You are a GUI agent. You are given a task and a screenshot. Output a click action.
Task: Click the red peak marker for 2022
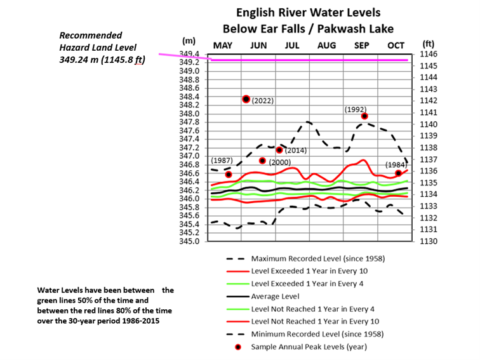tap(246, 98)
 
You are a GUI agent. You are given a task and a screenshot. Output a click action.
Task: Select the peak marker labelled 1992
tap(364, 116)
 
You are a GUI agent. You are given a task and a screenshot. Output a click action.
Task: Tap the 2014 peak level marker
tap(279, 150)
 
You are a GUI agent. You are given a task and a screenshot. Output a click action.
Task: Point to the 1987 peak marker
tap(229, 174)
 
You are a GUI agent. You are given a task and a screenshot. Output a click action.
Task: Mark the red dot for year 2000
tap(262, 161)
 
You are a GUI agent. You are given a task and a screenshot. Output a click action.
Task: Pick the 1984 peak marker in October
tap(398, 173)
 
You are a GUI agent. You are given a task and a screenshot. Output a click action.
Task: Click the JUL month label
tap(292, 46)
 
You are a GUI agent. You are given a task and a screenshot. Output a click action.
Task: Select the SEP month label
tap(361, 46)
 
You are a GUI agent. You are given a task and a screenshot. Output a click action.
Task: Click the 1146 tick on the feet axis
tap(429, 55)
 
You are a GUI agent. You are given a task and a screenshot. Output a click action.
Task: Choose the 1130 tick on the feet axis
tap(429, 241)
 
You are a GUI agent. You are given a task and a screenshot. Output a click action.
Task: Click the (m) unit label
tap(189, 41)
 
